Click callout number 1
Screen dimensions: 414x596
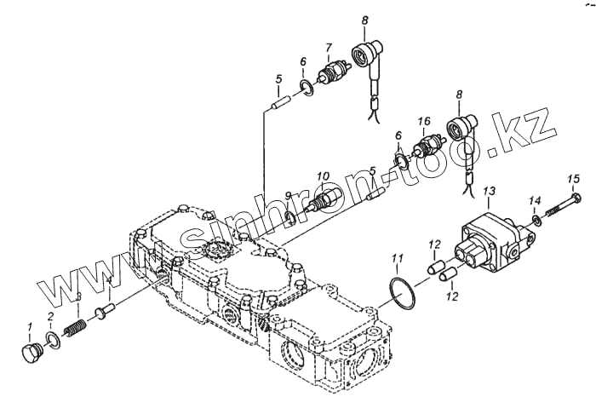coord(29,326)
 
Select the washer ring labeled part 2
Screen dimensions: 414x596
coord(52,342)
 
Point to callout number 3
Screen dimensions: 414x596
coord(78,298)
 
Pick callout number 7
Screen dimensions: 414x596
coord(328,47)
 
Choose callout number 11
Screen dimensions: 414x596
coord(397,257)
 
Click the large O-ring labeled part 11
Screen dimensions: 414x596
coord(398,290)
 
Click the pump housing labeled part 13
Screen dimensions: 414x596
coord(484,243)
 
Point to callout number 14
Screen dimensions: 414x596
coord(535,201)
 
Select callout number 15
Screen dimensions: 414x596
coord(574,178)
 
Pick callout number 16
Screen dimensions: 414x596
coord(425,122)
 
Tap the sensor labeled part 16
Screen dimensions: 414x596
coord(425,146)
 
